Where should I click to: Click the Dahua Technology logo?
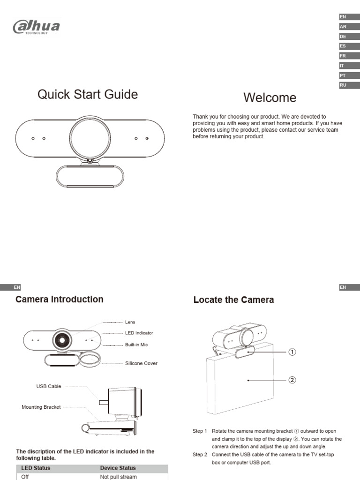tap(36, 26)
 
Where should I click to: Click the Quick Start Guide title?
tap(88, 95)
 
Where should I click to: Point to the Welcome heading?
tap(270, 98)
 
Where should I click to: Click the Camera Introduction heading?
tap(60, 300)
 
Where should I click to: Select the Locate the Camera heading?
tap(233, 300)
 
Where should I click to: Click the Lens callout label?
tap(130, 322)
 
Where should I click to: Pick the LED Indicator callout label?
tap(139, 333)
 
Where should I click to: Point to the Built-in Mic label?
tap(136, 345)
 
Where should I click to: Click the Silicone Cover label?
tap(141, 363)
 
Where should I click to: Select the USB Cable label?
tap(49, 387)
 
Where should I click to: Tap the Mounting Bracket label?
tap(41, 407)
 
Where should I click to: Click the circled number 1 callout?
tap(292, 352)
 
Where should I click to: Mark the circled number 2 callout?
tap(292, 380)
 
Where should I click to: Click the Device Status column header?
tap(118, 468)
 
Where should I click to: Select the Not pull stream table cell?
tap(118, 477)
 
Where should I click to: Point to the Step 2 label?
tap(200, 455)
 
